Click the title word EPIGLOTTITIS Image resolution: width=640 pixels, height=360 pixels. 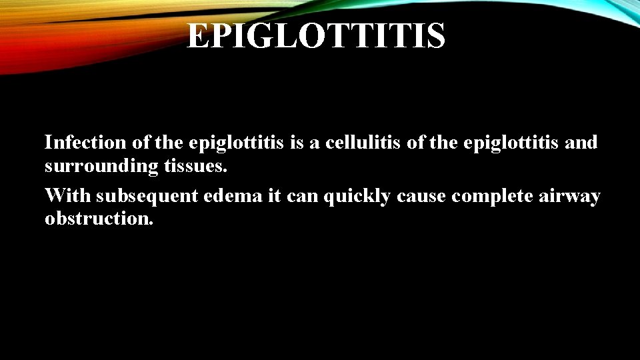pyautogui.click(x=315, y=35)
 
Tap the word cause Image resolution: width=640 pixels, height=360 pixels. pyautogui.click(x=420, y=197)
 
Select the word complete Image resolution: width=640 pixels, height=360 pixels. pyautogui.click(x=489, y=197)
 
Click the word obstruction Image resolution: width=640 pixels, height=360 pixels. pyautogui.click(x=99, y=219)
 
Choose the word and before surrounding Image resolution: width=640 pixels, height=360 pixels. pyautogui.click(x=583, y=142)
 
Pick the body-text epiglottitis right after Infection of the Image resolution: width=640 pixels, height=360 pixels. pyautogui.click(x=238, y=142)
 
